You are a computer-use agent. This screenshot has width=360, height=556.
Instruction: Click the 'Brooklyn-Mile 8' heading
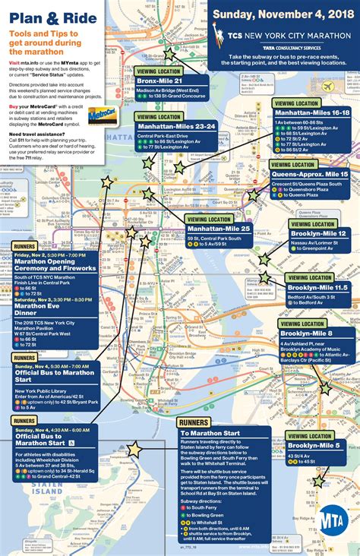(306, 333)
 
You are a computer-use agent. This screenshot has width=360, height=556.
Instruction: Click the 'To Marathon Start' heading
(210, 434)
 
